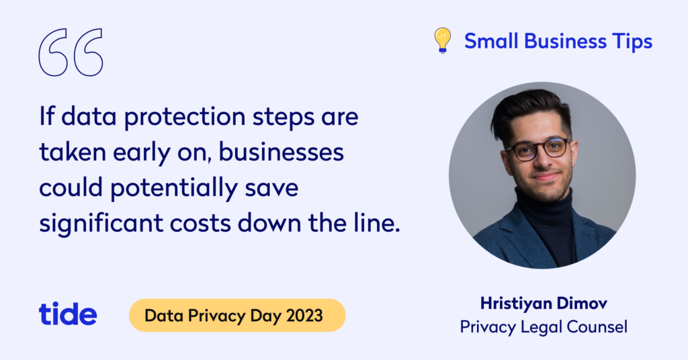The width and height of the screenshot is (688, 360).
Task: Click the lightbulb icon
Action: pos(443,40)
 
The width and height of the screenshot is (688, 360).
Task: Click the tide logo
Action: pos(68,314)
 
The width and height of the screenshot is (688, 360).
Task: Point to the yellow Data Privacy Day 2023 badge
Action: pos(237,315)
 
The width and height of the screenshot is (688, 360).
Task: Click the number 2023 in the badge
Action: pos(304,315)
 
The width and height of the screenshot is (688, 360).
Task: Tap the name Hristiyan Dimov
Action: pos(544,303)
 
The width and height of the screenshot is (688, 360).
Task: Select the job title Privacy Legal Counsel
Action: pos(544,327)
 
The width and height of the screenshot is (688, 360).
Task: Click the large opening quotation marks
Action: pos(71,52)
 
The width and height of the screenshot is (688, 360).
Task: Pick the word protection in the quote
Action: pos(185,118)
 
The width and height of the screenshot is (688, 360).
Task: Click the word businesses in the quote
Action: pos(282,152)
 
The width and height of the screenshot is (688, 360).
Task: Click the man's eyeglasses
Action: pos(537,149)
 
